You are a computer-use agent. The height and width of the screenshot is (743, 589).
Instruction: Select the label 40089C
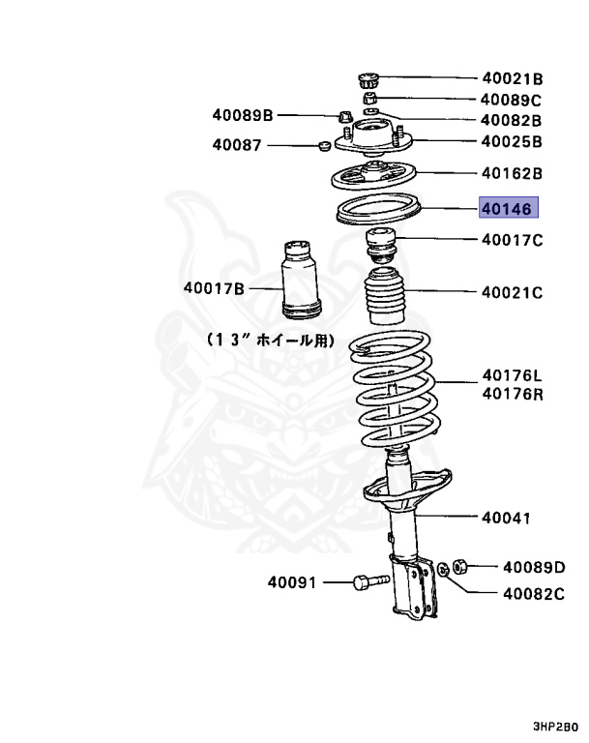pos(512,100)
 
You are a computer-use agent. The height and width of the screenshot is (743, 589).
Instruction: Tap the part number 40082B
pos(512,121)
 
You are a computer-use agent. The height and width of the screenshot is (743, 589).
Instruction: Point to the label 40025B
pos(512,141)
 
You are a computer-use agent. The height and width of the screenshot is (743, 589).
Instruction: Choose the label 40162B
pos(512,175)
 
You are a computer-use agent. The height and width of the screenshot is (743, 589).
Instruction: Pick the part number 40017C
pos(512,239)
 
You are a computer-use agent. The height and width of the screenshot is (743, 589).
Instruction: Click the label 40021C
pos(512,291)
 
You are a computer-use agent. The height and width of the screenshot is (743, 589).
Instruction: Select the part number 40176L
pos(512,376)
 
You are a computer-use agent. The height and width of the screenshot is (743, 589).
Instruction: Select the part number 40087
pos(237,146)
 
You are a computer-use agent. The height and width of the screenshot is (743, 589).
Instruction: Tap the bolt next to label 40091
pos(370,581)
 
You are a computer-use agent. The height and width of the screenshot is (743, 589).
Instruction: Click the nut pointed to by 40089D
pos(461,562)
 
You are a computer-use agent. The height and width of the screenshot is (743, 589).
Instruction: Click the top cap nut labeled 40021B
pos(368,78)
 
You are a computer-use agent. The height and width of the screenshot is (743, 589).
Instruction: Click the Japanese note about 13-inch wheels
pos(269,341)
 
